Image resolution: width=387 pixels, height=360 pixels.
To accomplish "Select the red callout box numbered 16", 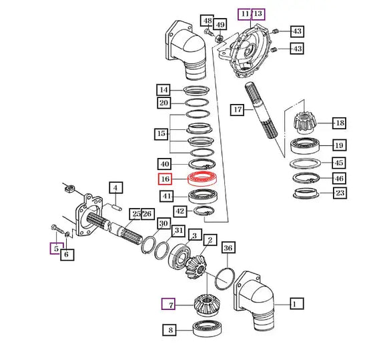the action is click(165, 179).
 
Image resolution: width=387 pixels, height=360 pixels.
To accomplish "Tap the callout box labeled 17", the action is click(237, 110).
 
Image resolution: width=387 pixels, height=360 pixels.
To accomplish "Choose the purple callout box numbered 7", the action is click(168, 304).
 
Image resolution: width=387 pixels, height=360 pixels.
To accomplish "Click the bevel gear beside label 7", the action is click(207, 304).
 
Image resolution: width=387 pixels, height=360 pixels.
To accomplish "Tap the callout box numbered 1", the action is click(297, 303).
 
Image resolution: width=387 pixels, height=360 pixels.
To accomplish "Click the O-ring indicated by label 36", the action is click(216, 279).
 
